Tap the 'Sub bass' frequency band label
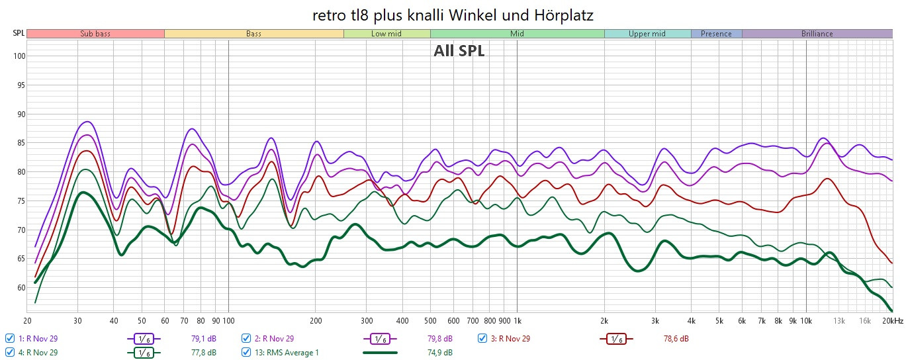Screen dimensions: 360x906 pyautogui.click(x=95, y=34)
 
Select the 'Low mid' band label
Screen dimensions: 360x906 pyautogui.click(x=386, y=34)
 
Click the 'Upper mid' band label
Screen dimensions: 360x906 pyautogui.click(x=647, y=34)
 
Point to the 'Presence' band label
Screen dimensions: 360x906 pyautogui.click(x=716, y=34)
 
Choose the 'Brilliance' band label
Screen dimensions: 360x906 pyautogui.click(x=817, y=34)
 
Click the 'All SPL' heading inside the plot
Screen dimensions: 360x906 pyautogui.click(x=459, y=51)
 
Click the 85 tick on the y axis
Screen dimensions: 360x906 pyautogui.click(x=20, y=143)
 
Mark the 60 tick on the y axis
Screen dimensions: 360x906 pyautogui.click(x=20, y=288)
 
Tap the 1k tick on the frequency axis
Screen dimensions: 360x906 pyautogui.click(x=517, y=321)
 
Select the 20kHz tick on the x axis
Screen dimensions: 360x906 pyautogui.click(x=891, y=321)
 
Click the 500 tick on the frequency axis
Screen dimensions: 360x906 pyautogui.click(x=430, y=321)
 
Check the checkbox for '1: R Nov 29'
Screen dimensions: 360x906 pyautogui.click(x=9, y=339)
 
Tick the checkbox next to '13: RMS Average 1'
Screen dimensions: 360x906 pyautogui.click(x=246, y=352)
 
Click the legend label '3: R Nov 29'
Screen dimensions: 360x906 pyautogui.click(x=511, y=339)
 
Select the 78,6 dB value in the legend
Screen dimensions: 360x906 pyautogui.click(x=676, y=339)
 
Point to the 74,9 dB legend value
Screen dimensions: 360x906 pyautogui.click(x=439, y=352)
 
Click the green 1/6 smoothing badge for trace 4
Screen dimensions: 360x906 pyautogui.click(x=144, y=352)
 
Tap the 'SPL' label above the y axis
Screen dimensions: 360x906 pyautogui.click(x=19, y=34)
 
